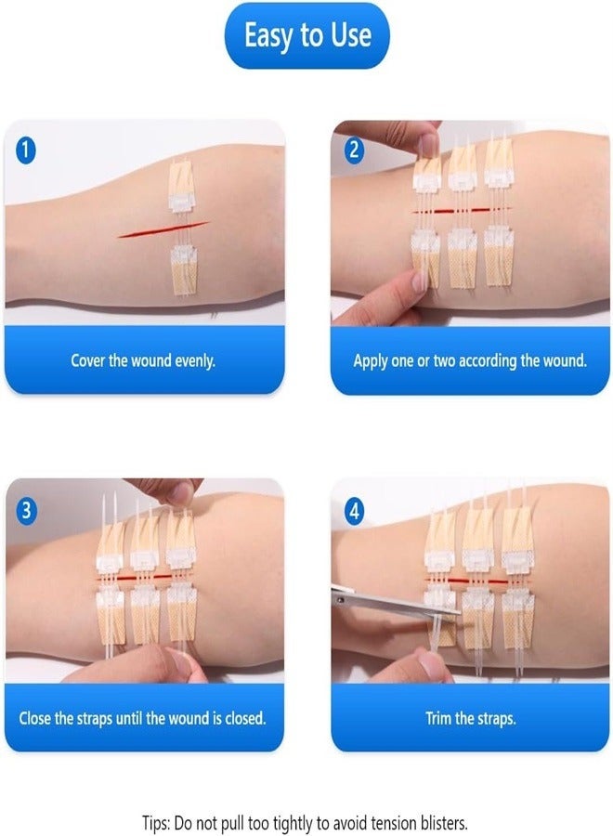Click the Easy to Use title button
(x=306, y=36)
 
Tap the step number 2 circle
(x=355, y=149)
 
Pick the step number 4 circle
(x=355, y=510)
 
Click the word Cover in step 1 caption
(x=88, y=360)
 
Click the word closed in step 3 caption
(x=243, y=718)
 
